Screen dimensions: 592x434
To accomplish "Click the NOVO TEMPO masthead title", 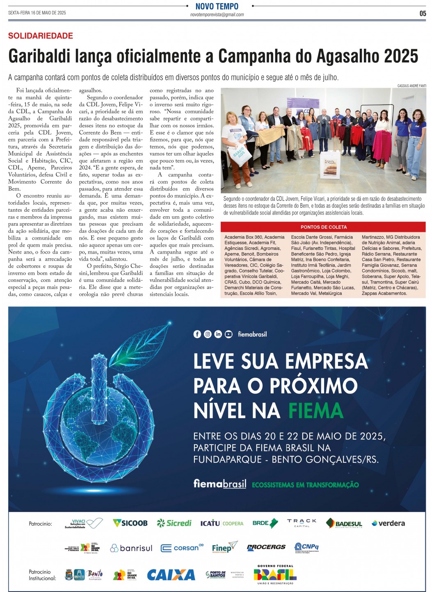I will click(x=217, y=6).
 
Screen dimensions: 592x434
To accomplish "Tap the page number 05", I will click(x=423, y=14).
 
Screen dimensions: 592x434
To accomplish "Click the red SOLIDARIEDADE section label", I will click(x=41, y=36).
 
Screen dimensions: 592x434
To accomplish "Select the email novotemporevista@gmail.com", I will click(x=217, y=15).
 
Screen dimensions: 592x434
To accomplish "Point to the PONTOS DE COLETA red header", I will click(x=323, y=227).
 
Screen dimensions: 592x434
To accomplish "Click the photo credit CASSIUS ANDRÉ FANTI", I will click(x=411, y=86).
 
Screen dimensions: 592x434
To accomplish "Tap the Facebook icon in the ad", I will click(x=197, y=334).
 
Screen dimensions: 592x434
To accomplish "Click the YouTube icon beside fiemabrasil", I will click(x=228, y=334).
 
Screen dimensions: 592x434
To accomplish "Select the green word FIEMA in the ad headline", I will click(x=315, y=410).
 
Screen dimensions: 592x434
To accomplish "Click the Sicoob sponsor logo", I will click(x=130, y=523).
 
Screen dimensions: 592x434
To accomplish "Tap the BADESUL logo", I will click(x=344, y=523).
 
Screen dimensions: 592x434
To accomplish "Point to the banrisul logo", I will click(x=131, y=548).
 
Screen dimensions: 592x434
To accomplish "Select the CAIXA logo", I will click(x=171, y=575).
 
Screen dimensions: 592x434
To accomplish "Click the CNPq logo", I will click(x=306, y=547).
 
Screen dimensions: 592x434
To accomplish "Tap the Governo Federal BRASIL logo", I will click(x=275, y=574).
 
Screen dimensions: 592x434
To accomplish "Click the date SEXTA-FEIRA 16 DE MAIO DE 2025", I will click(x=37, y=13).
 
